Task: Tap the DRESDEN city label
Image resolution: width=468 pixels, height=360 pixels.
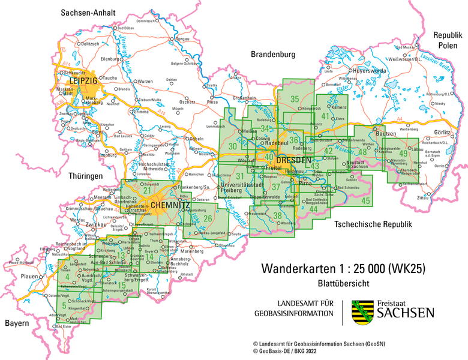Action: (294, 161)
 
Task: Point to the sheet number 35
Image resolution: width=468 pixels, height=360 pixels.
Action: (295, 99)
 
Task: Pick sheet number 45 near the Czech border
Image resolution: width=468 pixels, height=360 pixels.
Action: (365, 200)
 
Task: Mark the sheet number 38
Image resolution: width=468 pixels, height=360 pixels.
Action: (277, 215)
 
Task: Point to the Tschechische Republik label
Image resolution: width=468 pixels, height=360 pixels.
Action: (370, 224)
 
